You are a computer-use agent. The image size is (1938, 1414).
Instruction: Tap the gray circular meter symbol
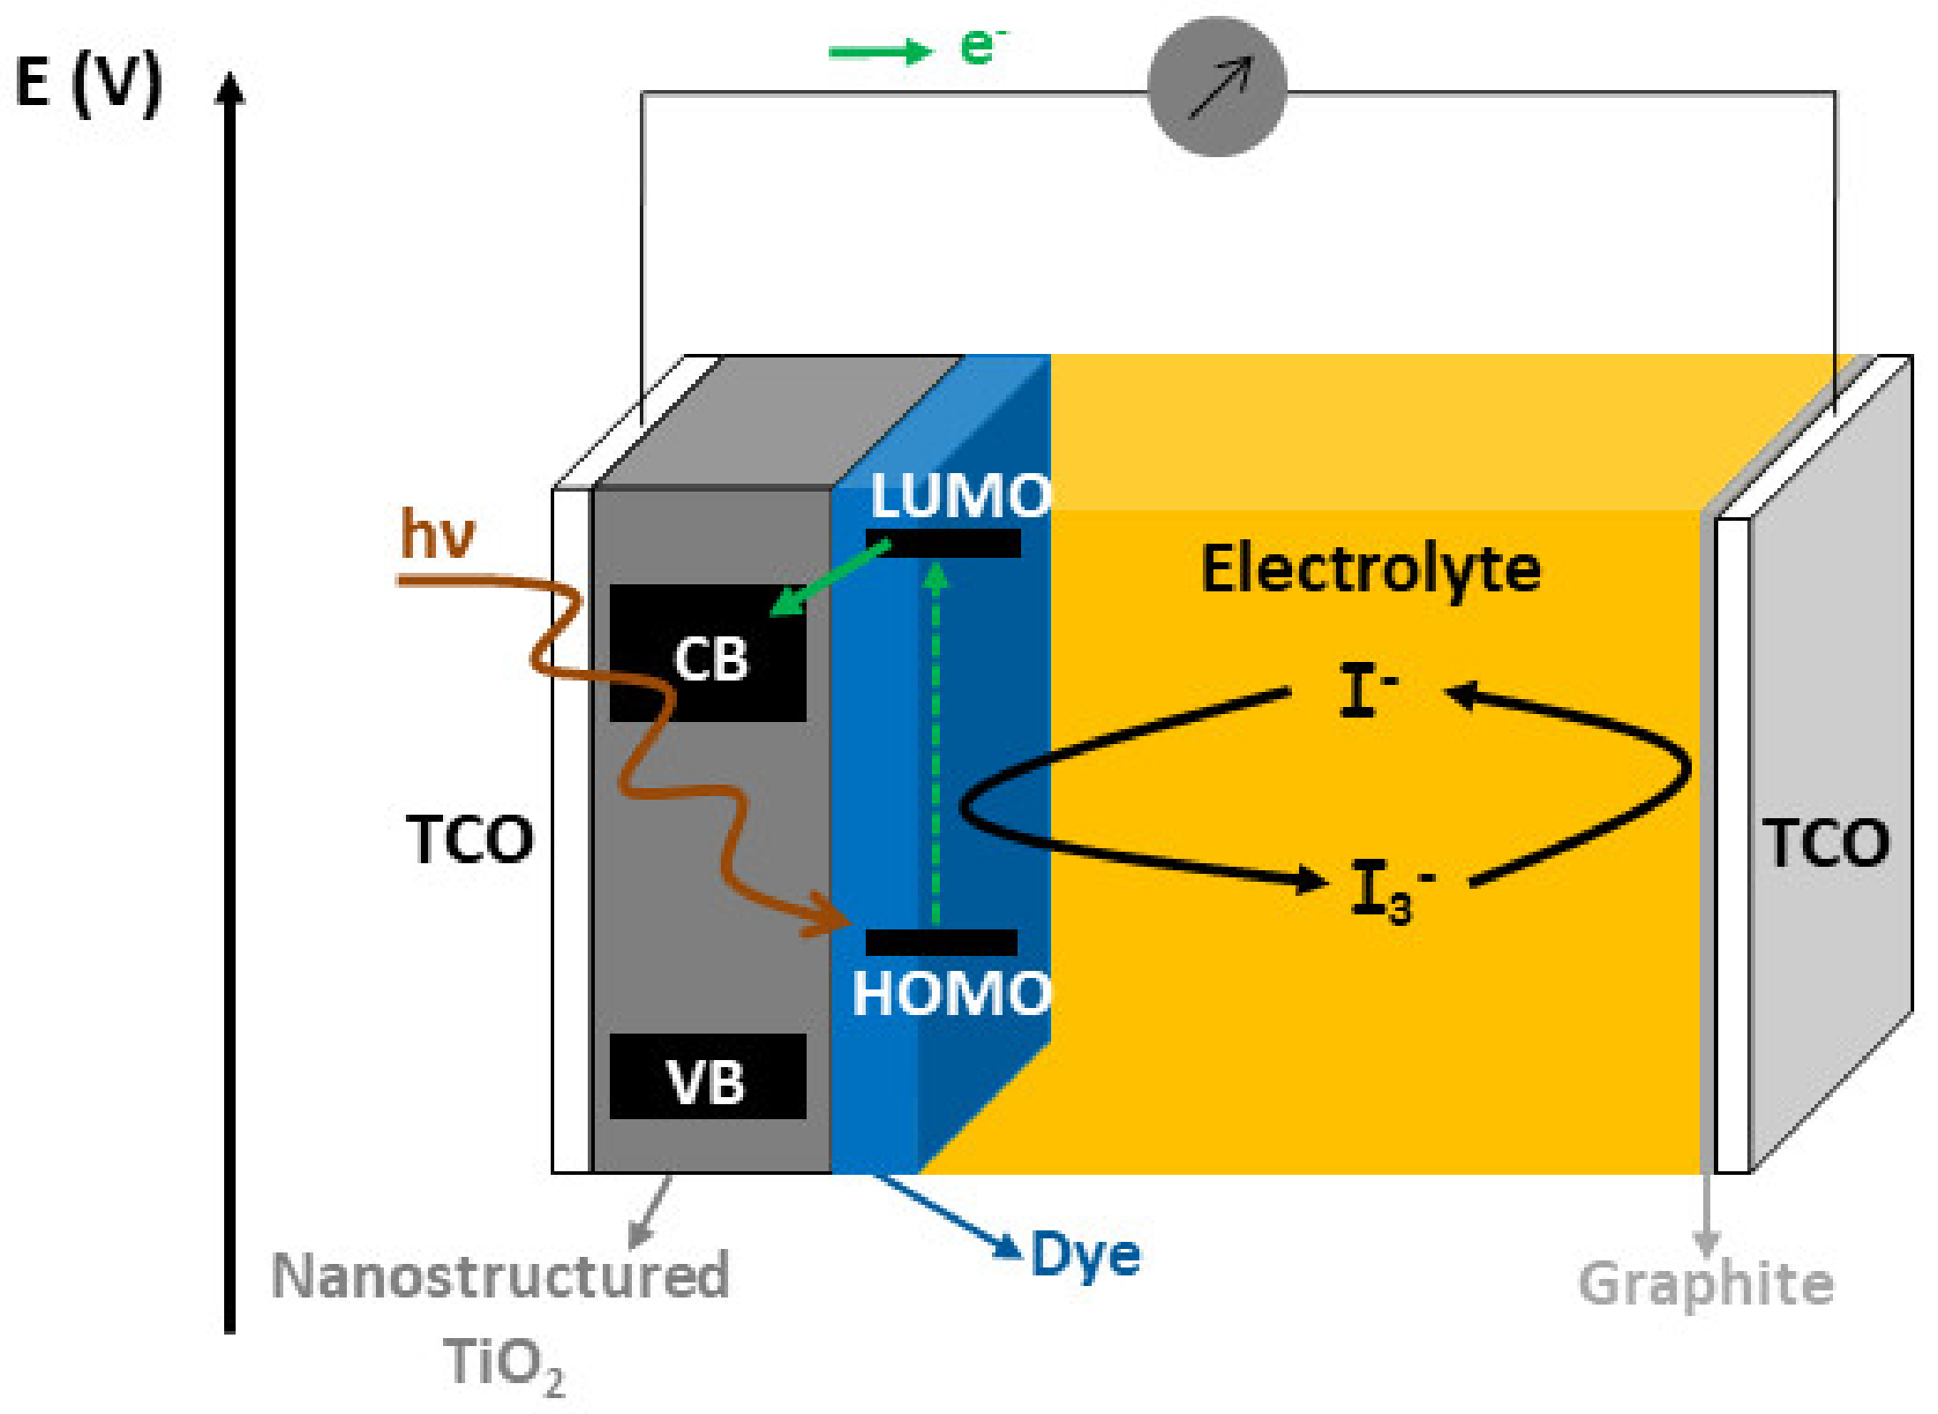point(1216,86)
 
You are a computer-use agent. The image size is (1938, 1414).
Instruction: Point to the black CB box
point(708,653)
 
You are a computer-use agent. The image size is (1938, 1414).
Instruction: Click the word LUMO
point(960,496)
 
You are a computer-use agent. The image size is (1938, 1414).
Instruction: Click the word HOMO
point(951,994)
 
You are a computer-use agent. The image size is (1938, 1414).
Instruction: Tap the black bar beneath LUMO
point(943,543)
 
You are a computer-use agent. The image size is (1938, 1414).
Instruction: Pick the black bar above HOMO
point(941,943)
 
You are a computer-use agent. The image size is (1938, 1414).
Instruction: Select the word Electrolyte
point(1371,569)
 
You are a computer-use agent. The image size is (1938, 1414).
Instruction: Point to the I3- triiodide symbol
point(1390,891)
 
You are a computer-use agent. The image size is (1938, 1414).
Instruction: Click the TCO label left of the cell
point(469,839)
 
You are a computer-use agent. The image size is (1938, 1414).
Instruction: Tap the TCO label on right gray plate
point(1825,843)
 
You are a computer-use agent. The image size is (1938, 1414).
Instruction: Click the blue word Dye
point(1085,1256)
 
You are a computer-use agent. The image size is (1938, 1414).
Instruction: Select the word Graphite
point(1705,1285)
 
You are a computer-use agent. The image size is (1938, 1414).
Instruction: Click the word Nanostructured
point(500,1276)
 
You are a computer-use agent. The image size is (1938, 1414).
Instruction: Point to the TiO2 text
point(503,1364)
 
